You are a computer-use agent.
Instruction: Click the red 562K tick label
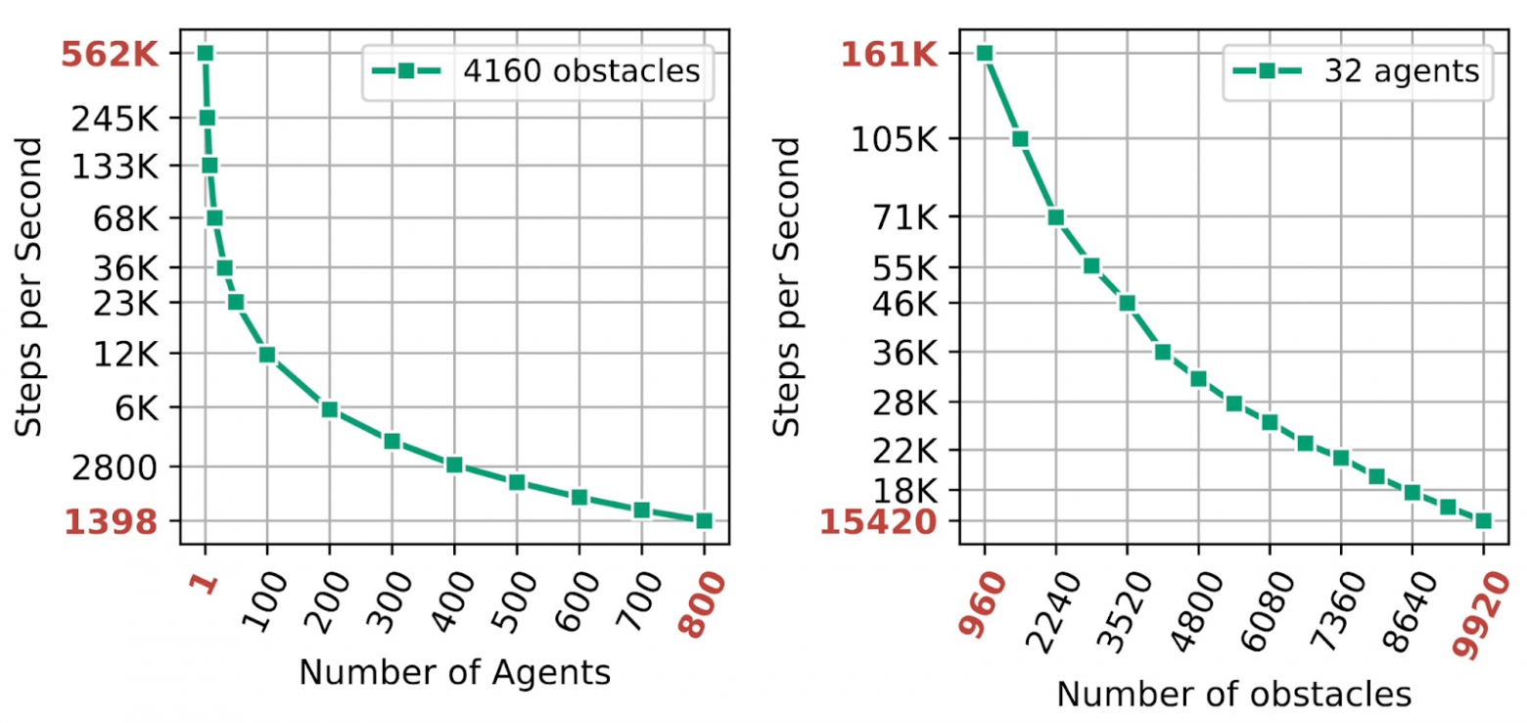109,54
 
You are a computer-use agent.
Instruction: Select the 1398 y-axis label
111,522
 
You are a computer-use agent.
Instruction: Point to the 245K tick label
116,119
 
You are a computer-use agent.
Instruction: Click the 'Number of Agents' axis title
454,673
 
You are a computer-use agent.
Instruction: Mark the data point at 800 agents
704,520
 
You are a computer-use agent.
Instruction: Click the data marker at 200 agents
330,410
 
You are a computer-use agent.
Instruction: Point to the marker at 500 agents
517,482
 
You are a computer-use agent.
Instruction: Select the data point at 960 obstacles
985,53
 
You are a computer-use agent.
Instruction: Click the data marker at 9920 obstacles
1483,520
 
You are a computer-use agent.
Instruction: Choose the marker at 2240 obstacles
1056,217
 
